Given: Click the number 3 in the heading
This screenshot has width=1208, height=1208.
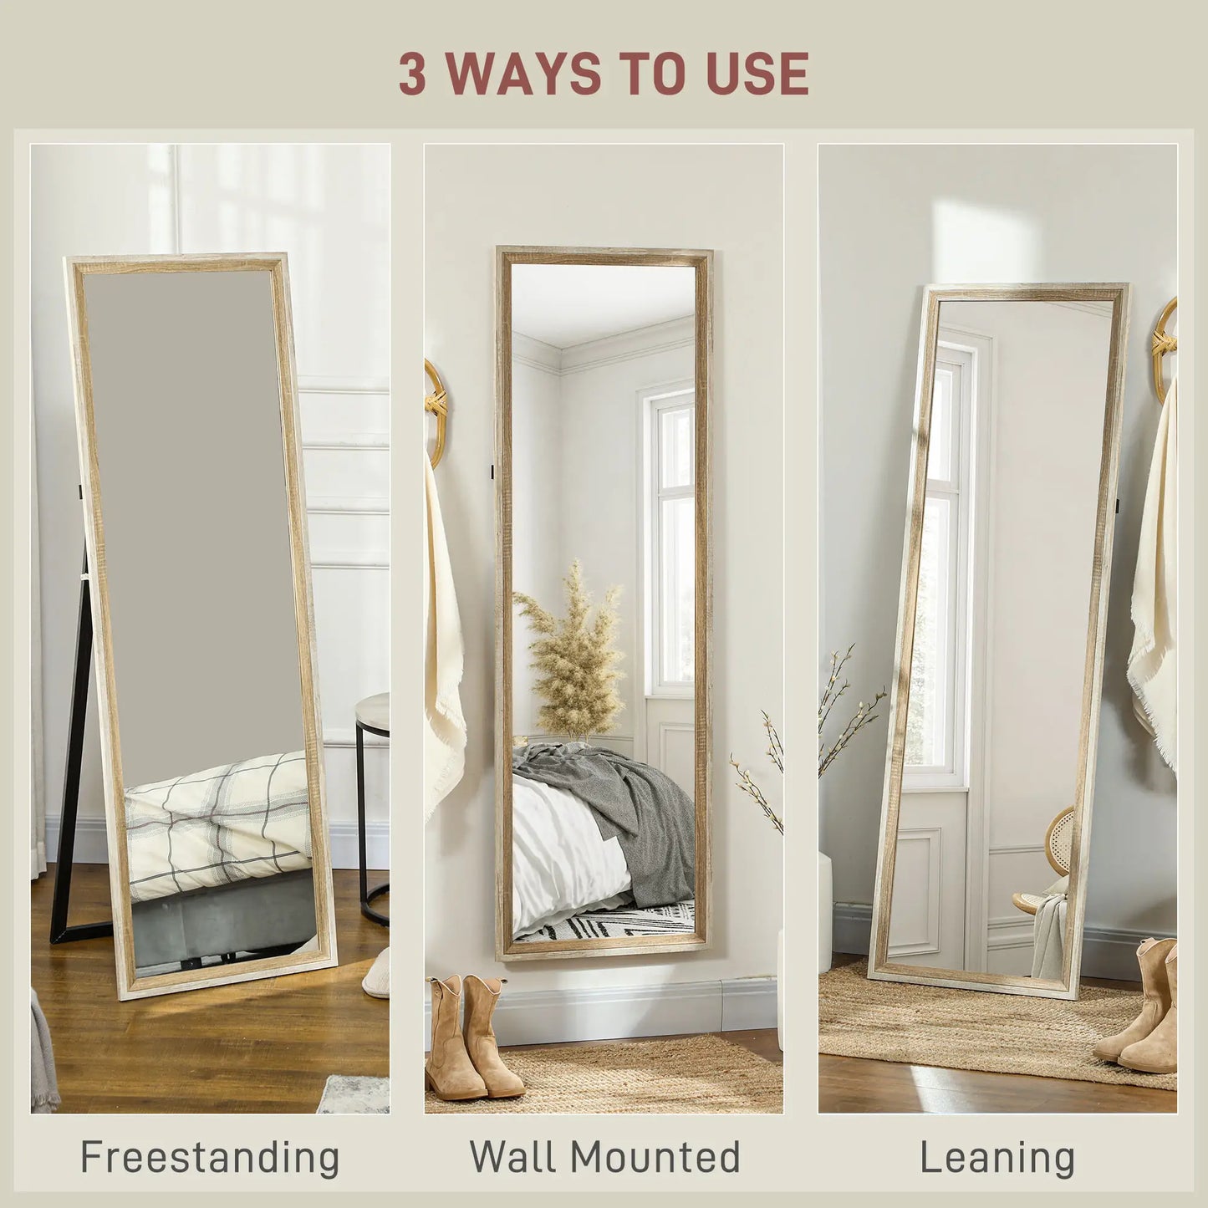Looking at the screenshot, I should coord(412,74).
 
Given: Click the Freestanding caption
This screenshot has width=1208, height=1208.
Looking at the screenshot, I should coord(210,1158).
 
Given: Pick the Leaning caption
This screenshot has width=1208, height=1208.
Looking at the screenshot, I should coord(997,1158).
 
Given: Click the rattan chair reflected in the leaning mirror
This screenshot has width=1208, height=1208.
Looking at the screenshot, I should coord(1055,861).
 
